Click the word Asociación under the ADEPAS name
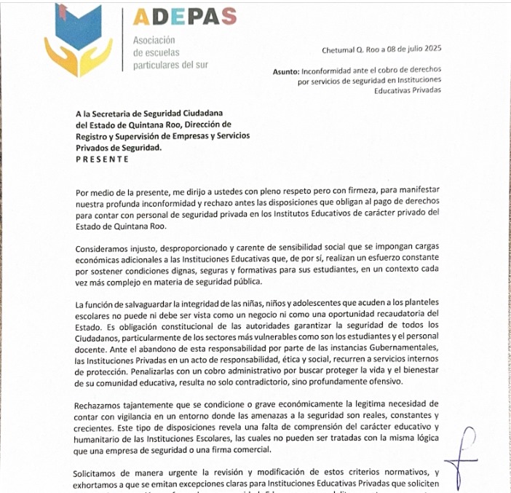click(x=154, y=41)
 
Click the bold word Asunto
click(x=285, y=72)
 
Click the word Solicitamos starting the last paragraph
click(x=99, y=473)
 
